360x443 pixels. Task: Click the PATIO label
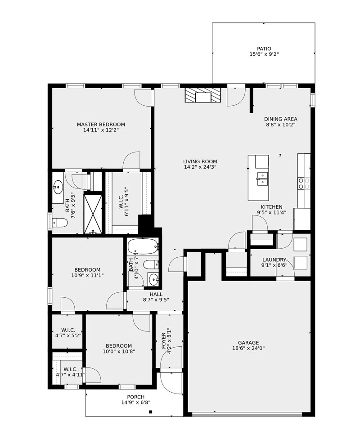click(x=264, y=49)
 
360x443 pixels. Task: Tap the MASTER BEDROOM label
click(x=101, y=124)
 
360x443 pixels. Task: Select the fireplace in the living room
click(x=203, y=95)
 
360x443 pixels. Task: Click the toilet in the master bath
click(x=60, y=223)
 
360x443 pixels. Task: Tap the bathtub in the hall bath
click(x=143, y=246)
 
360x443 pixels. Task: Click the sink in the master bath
click(x=58, y=187)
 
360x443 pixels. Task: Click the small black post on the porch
click(x=151, y=412)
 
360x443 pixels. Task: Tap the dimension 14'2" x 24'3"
click(x=200, y=167)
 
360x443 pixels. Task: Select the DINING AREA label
click(x=281, y=119)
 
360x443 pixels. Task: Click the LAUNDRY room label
click(x=274, y=260)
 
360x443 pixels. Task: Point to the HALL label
click(x=156, y=295)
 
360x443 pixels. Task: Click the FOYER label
click(x=164, y=341)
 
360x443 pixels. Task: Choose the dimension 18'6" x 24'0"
click(x=248, y=349)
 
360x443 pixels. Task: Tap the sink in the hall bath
click(x=153, y=280)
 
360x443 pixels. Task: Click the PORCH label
click(x=135, y=397)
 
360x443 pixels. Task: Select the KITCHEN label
click(x=271, y=207)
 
